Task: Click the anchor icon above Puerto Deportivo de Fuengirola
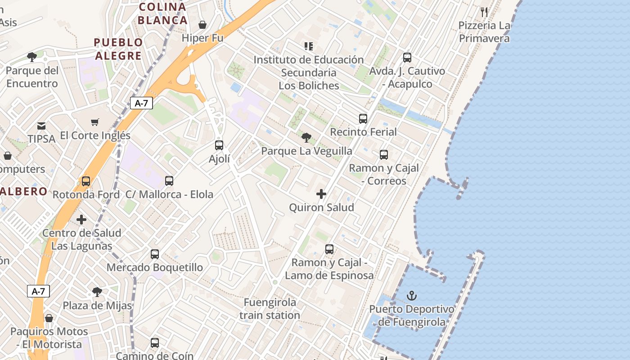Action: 411,296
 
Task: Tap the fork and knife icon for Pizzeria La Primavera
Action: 484,12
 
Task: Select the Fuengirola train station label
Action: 270,309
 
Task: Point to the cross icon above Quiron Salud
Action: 321,194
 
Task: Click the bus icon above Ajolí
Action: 219,145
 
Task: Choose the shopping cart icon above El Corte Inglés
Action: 94,122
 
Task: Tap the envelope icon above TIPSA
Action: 41,126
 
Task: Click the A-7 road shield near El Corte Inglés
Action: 141,103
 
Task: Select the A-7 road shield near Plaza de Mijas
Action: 38,291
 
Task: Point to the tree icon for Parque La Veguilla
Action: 306,137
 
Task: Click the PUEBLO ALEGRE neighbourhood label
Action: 118,49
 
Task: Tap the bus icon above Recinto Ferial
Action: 363,119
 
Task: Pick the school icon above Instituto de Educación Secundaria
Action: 308,46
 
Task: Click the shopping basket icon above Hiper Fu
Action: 202,24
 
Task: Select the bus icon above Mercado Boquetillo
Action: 155,254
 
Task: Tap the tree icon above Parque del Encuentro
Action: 32,57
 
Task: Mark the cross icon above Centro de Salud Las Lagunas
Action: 81,220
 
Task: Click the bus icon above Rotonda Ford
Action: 85,181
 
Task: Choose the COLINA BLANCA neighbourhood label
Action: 162,13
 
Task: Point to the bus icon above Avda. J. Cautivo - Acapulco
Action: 407,58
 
